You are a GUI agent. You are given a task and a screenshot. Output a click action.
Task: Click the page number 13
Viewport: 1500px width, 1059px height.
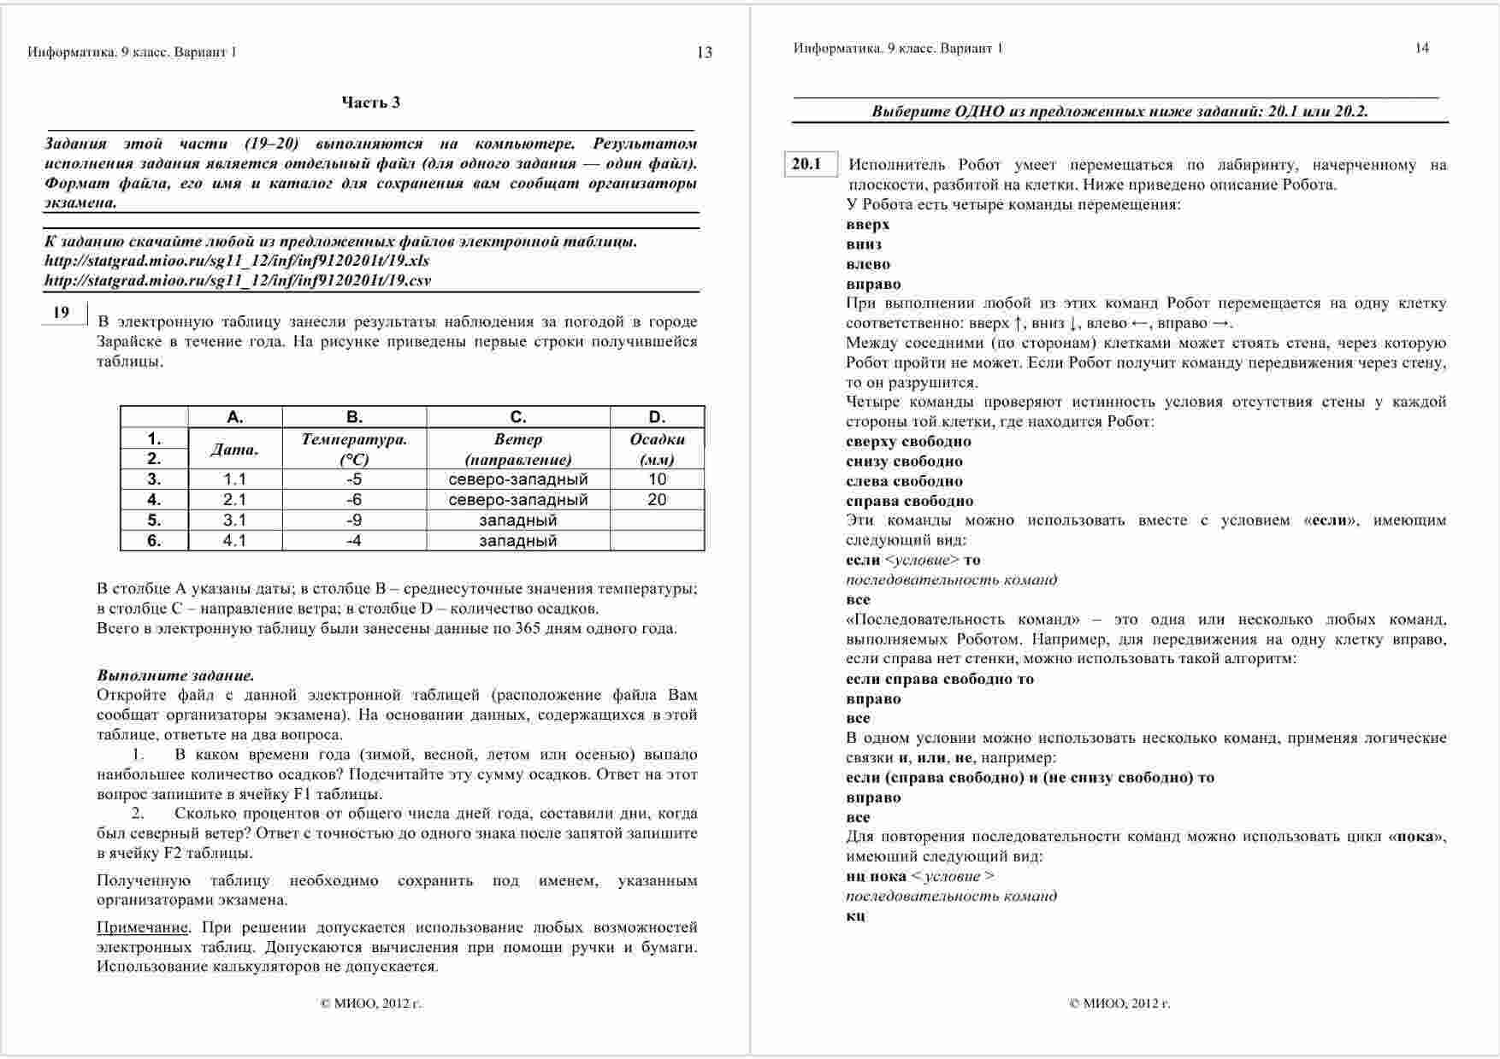(705, 53)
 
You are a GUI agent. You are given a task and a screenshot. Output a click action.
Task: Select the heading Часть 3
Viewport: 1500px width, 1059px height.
(371, 103)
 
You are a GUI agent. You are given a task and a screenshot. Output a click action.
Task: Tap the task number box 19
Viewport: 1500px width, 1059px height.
(62, 313)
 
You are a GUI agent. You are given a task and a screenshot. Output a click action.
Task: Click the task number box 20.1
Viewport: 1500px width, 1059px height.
(806, 164)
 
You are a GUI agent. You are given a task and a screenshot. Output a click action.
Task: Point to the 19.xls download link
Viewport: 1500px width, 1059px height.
(237, 261)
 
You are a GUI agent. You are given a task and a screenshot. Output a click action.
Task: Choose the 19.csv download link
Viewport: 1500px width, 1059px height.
(238, 280)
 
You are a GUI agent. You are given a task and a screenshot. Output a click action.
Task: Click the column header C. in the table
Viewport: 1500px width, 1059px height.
(518, 417)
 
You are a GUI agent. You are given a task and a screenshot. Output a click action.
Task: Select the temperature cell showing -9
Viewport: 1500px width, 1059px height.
(354, 520)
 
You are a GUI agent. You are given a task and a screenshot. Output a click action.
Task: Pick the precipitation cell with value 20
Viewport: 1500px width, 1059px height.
(657, 499)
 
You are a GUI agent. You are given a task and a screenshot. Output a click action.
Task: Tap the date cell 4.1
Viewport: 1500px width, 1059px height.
(234, 540)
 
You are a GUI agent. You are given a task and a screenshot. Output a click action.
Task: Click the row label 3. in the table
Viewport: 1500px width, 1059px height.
(154, 479)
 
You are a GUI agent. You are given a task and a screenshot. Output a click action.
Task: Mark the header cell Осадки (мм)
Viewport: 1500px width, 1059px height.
(657, 449)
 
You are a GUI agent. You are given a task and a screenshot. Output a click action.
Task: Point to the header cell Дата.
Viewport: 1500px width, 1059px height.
(234, 449)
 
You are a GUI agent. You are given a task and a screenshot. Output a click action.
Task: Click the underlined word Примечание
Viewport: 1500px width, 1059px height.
(142, 927)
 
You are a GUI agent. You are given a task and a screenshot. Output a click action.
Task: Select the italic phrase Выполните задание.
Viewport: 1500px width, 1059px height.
(175, 675)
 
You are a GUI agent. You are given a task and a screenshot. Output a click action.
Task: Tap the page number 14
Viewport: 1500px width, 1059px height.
(1421, 48)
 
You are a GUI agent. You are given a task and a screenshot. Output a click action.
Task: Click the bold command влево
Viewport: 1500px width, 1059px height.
(868, 264)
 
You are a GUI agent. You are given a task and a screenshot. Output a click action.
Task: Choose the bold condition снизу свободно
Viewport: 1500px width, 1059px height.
(904, 462)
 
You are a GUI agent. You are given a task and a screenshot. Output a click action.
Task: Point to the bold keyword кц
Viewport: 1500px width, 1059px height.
(855, 915)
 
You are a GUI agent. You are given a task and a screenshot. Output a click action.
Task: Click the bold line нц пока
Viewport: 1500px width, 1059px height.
(876, 876)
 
